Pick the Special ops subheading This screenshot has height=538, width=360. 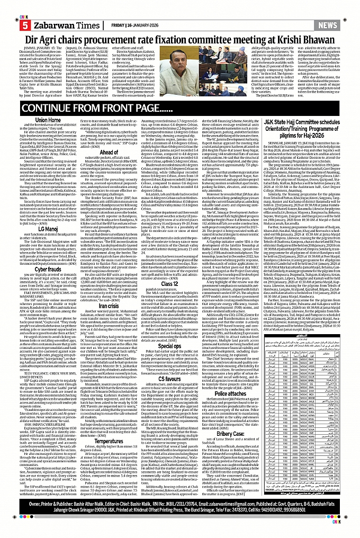click(181, 346)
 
